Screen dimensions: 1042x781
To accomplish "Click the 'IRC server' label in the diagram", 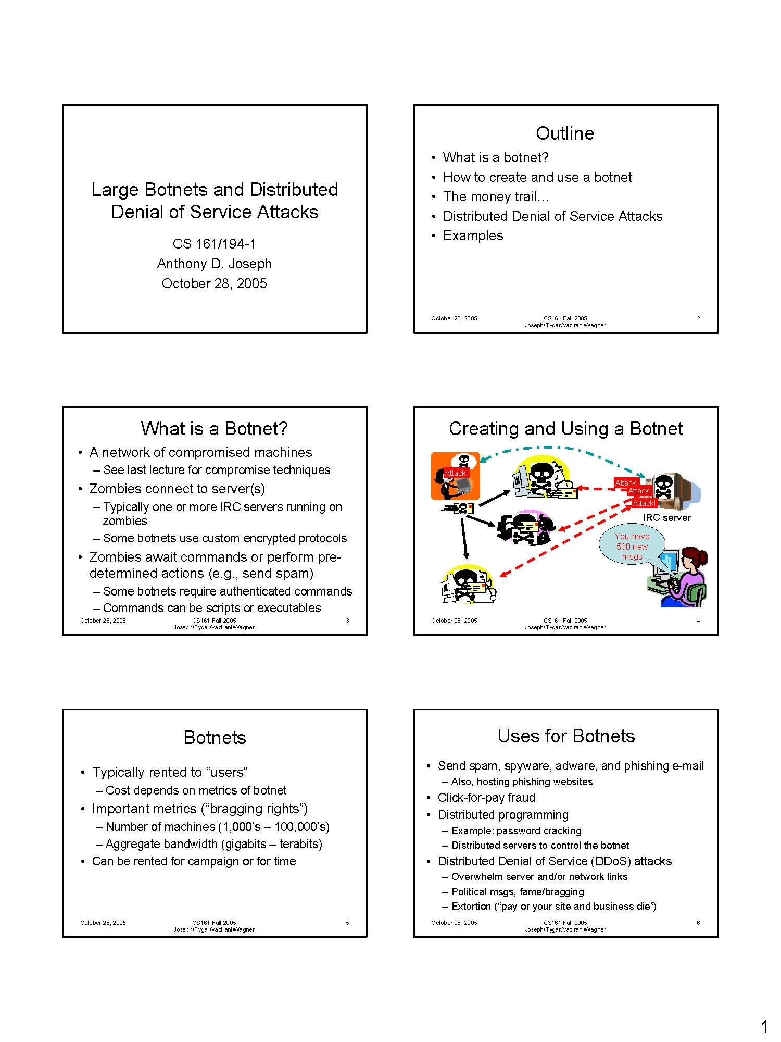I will (666, 517).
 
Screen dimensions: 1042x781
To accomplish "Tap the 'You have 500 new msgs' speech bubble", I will (632, 546).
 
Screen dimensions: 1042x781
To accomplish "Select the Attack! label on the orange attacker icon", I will (456, 473).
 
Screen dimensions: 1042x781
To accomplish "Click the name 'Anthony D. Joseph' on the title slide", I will (214, 264).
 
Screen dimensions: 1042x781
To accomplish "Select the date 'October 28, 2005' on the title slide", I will (214, 283).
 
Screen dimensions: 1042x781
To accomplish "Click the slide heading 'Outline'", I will (565, 133).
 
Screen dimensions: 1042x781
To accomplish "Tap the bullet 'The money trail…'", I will (495, 196).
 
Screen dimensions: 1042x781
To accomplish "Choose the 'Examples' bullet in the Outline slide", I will (473, 235).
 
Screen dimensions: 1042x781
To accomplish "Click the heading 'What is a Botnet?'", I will (214, 429).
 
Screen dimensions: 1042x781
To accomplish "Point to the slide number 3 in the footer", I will (347, 621).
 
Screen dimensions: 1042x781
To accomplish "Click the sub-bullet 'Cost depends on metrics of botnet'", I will (196, 790).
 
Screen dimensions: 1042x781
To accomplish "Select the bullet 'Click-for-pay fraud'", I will (486, 798).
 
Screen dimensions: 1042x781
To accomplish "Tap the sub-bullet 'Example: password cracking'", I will (516, 830).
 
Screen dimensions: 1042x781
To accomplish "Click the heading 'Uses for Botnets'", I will (566, 736).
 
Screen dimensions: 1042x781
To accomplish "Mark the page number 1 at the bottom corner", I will (764, 1012).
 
